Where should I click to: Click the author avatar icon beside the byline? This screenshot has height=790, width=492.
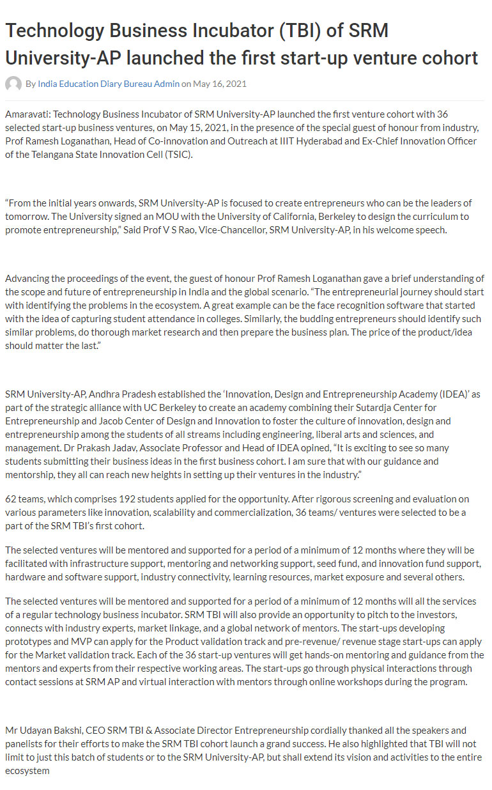coord(13,84)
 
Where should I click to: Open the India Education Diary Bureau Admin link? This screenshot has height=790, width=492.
coord(109,84)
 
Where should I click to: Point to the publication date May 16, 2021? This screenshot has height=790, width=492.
coord(219,84)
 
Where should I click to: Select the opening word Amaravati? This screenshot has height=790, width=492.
coord(27,114)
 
